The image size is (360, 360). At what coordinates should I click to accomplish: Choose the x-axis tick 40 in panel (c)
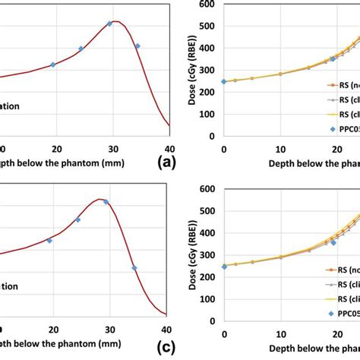point(167,329)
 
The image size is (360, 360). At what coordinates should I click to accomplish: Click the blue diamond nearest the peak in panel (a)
point(109,24)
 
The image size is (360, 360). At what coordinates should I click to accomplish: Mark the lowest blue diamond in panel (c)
point(134,268)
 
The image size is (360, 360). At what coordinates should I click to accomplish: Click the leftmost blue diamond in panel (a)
point(52,65)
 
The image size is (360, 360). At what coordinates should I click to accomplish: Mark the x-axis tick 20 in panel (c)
point(52,329)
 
